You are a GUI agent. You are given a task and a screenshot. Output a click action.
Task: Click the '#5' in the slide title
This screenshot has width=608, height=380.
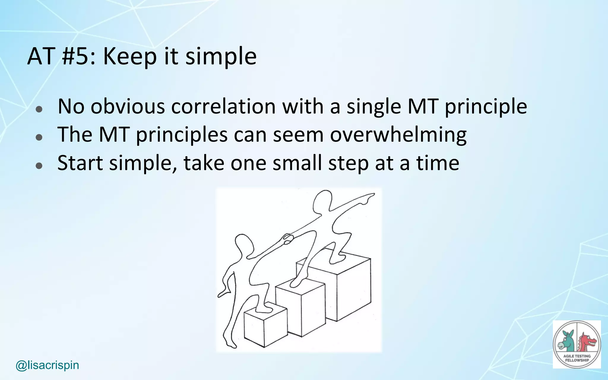point(76,56)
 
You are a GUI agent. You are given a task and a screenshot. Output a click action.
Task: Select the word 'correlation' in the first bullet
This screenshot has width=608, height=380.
point(224,106)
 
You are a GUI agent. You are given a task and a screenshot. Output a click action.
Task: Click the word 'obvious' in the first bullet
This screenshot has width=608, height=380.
point(127,106)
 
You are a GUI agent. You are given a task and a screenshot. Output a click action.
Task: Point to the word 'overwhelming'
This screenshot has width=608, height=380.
point(398,135)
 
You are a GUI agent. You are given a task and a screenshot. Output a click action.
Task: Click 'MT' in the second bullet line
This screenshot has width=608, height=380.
point(114,135)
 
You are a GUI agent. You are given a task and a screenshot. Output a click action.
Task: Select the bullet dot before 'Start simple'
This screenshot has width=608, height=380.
point(39,166)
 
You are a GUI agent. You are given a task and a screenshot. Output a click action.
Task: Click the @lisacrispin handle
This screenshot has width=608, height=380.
point(47,365)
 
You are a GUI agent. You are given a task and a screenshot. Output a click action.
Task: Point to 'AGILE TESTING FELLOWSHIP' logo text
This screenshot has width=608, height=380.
point(577,358)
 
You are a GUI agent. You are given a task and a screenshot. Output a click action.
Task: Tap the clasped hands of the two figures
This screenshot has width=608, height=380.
point(287,239)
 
